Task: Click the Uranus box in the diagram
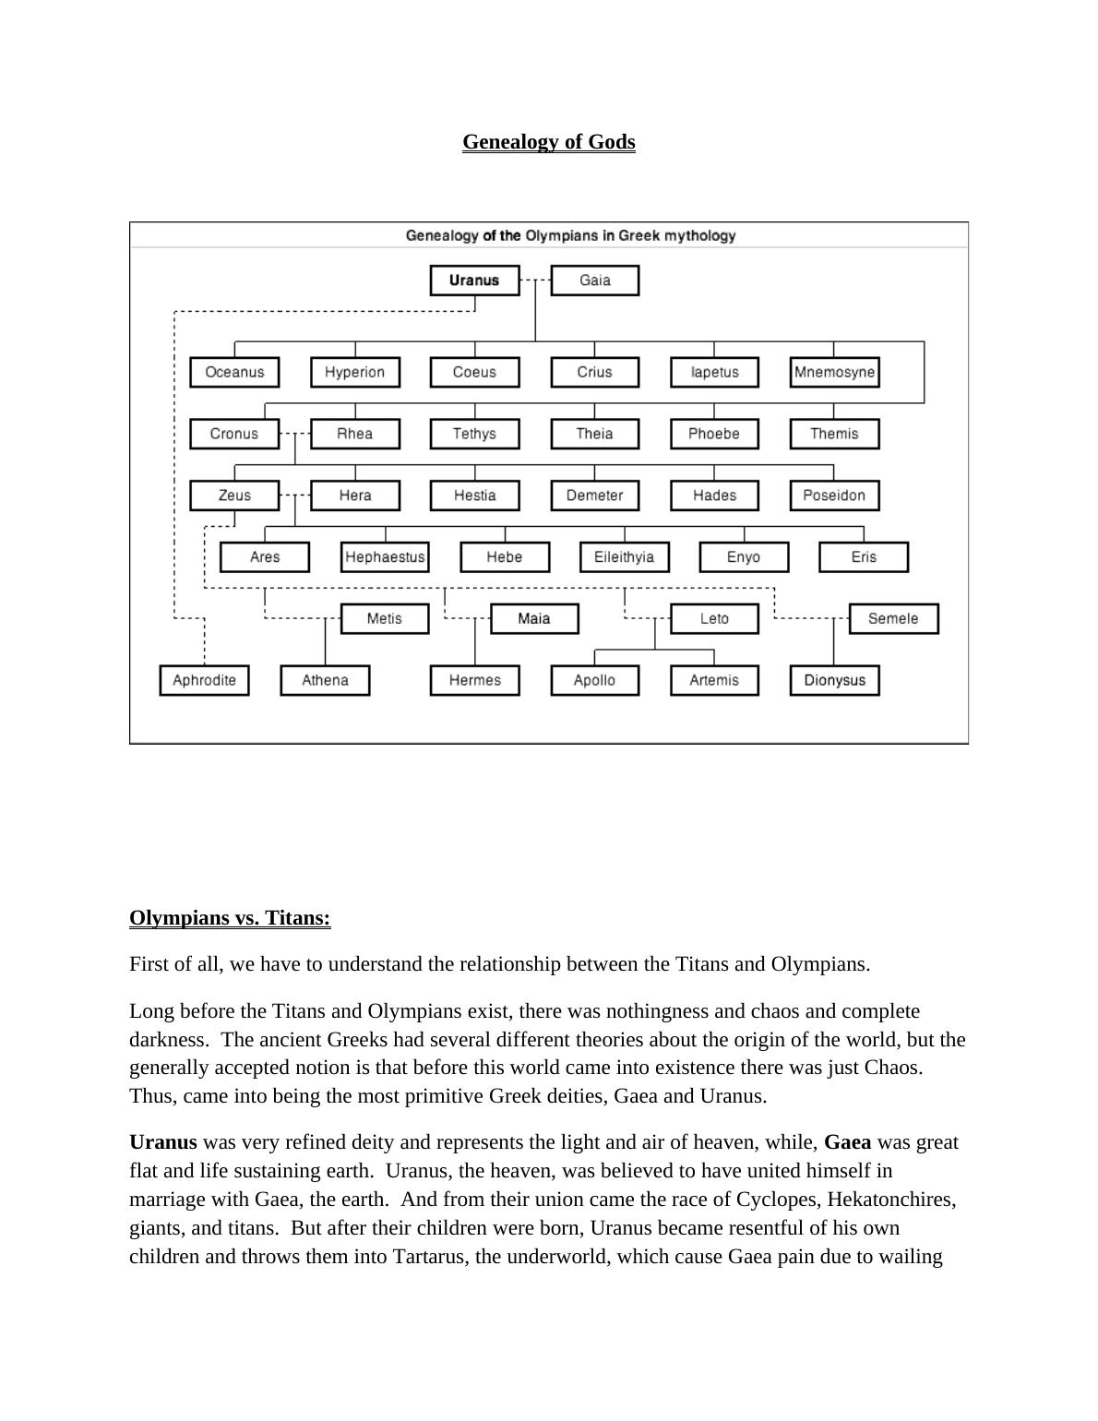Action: pos(474,281)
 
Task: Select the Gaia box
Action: pos(594,281)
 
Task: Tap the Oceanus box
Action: pos(234,372)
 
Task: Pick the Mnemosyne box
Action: pos(834,372)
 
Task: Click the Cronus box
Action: pos(234,434)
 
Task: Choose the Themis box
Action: pos(834,434)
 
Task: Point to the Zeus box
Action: pos(234,496)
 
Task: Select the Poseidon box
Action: pos(834,496)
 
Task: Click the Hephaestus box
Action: pos(385,557)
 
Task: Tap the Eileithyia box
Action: pos(624,557)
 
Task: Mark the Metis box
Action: pos(385,618)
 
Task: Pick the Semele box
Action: pos(893,618)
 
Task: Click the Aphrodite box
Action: pos(204,680)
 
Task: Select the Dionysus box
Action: pos(834,680)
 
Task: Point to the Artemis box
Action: pos(714,680)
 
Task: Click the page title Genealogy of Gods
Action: pos(549,142)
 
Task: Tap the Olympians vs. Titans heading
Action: pos(230,918)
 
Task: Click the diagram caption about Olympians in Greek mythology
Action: pos(570,235)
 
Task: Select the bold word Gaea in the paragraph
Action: pos(847,1142)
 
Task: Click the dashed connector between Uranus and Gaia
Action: pos(535,281)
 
